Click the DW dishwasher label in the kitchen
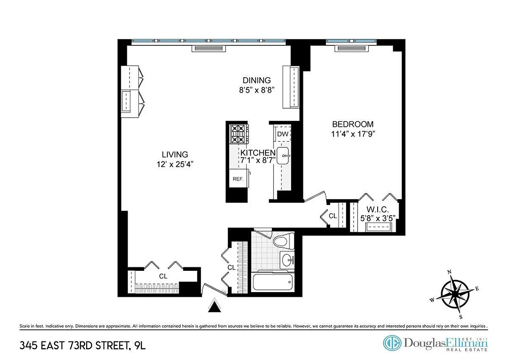(282, 134)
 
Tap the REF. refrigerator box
(238, 178)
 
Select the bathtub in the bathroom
(273, 281)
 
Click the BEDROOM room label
(352, 124)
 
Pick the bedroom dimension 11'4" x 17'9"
(352, 134)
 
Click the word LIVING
(175, 155)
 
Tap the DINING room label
(257, 80)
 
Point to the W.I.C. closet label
(378, 209)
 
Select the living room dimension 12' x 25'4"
(175, 164)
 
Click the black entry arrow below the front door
(214, 306)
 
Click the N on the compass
(449, 272)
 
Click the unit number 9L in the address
(140, 346)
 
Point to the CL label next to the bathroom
(231, 268)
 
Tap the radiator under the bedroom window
(351, 48)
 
